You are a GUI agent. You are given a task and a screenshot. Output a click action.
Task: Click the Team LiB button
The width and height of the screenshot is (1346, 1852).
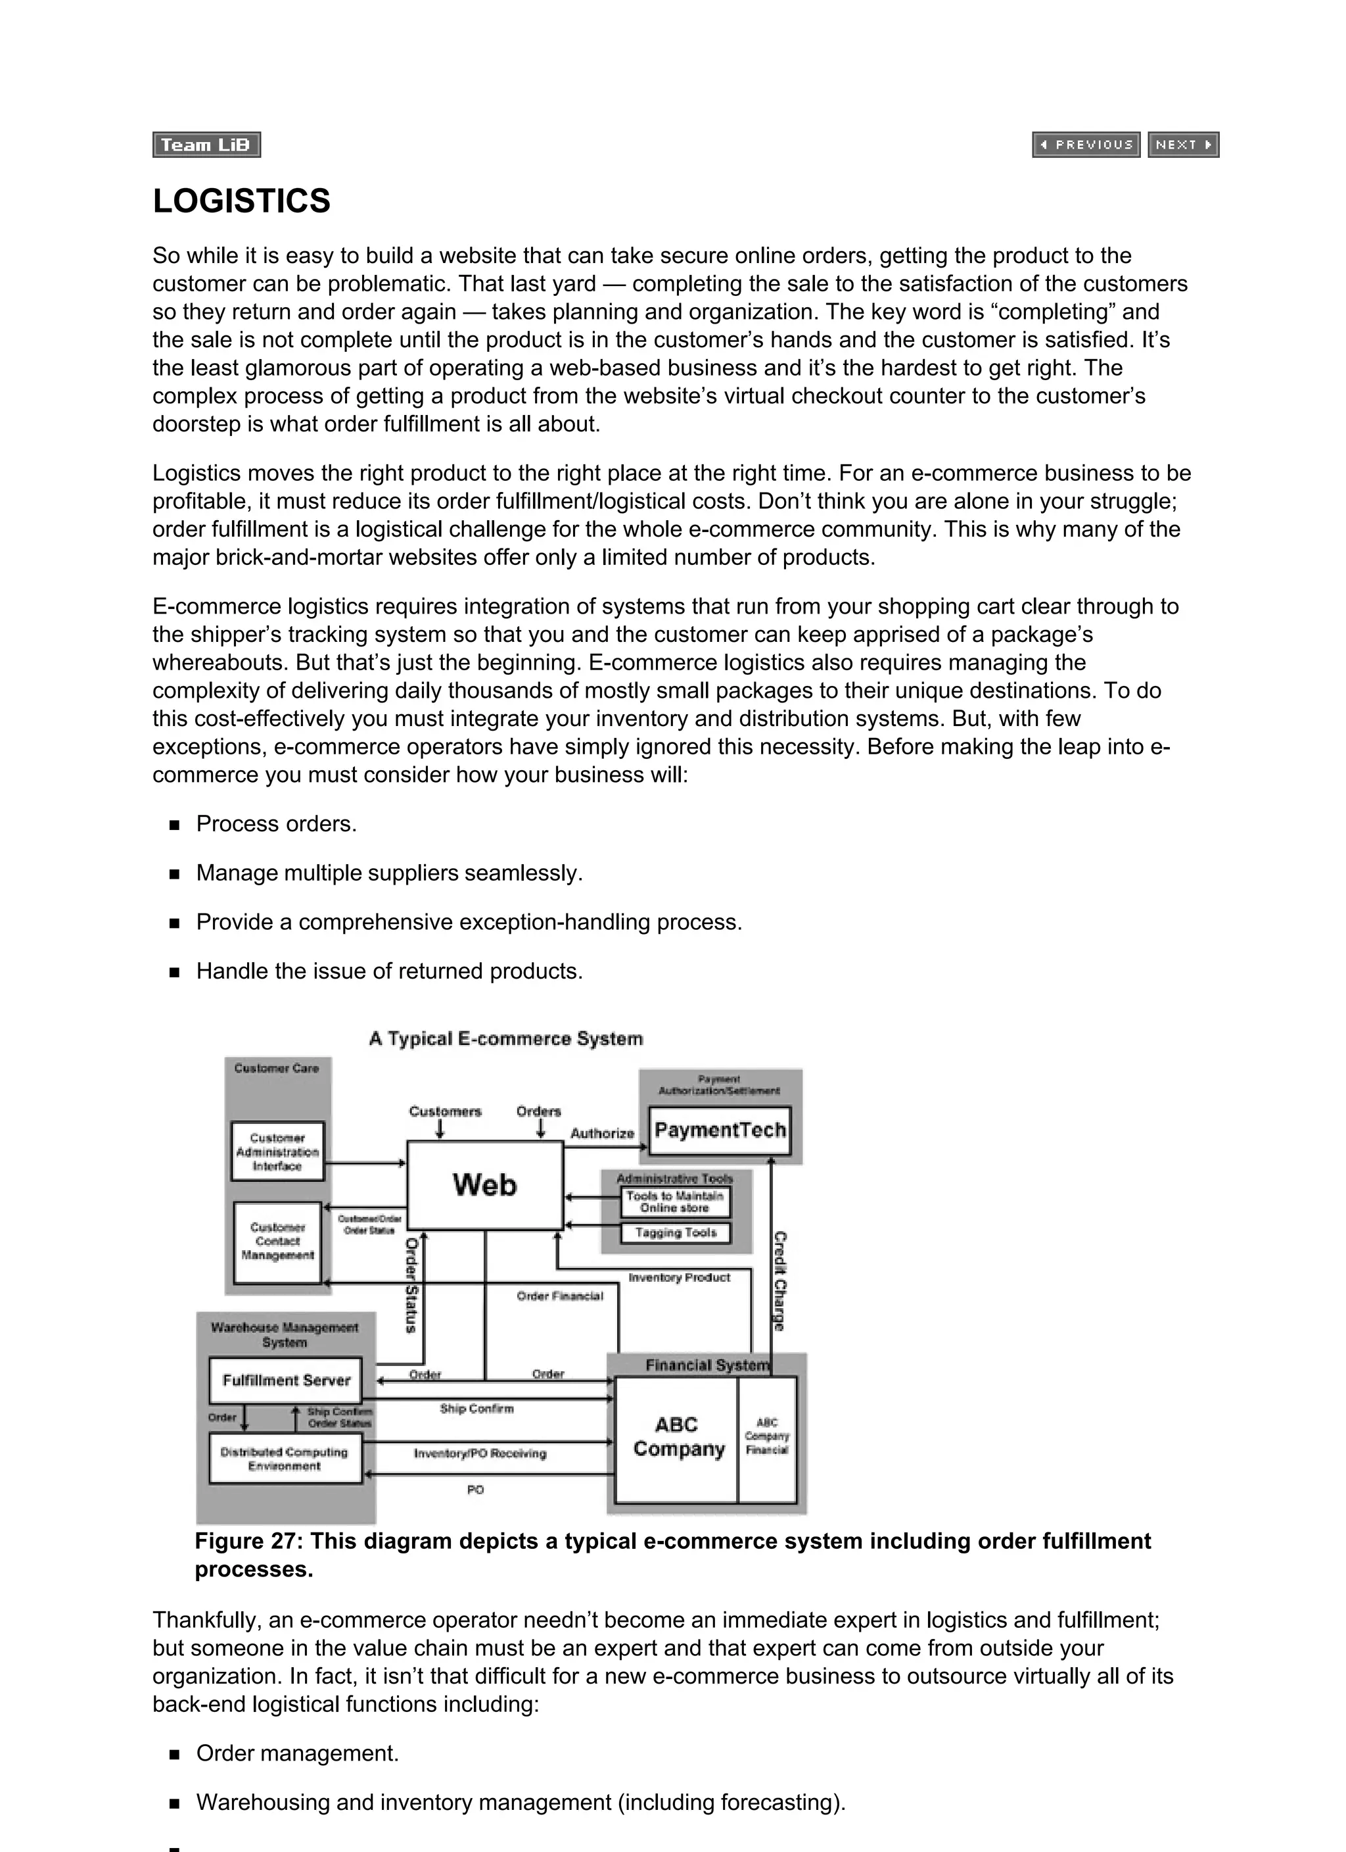pos(206,145)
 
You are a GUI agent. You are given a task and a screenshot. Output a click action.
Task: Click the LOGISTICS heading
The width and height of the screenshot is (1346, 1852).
pos(242,201)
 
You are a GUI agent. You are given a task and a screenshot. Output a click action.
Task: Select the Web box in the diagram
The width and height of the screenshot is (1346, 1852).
pos(485,1185)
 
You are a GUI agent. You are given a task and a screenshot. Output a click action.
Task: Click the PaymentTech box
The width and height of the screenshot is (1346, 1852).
pos(719,1130)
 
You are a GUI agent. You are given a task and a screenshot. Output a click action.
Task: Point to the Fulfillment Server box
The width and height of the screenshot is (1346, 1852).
pos(286,1380)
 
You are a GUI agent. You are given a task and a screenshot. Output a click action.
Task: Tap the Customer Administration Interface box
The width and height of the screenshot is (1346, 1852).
pos(277,1152)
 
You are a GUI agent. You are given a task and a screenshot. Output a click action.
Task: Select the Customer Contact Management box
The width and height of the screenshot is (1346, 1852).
pos(277,1241)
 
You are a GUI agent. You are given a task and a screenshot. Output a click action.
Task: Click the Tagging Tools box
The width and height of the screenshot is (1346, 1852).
pos(675,1232)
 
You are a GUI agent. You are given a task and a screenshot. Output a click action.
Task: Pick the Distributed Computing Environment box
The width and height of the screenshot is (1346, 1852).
pos(285,1459)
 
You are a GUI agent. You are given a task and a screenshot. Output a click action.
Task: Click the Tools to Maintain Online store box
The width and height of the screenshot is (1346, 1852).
pos(675,1201)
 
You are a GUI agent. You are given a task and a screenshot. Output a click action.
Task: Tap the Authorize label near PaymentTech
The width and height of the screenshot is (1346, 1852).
pos(603,1133)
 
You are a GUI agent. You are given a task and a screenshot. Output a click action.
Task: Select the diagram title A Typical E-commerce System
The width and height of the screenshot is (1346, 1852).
pos(506,1038)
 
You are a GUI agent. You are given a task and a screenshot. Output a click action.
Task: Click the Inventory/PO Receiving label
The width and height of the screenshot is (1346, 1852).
pos(480,1453)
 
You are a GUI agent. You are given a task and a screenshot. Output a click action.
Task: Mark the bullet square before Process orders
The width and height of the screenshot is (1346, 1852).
pos(174,825)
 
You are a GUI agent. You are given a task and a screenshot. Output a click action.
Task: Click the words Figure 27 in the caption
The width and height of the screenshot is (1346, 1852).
pos(242,1542)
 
